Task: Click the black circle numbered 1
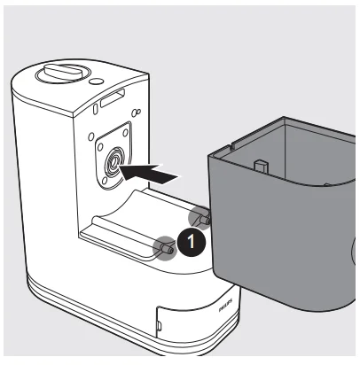click(x=187, y=239)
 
